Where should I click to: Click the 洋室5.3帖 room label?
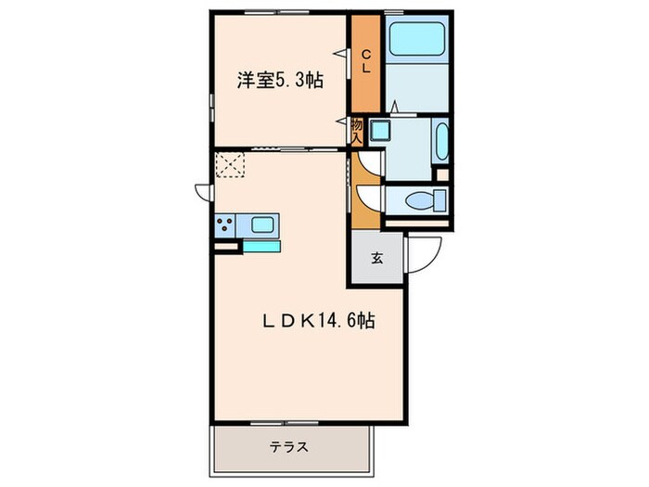click(278, 80)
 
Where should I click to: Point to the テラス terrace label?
click(289, 446)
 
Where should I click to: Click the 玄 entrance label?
click(377, 259)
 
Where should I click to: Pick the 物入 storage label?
click(356, 130)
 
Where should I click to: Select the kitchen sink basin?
click(262, 224)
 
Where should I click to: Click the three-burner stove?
click(224, 224)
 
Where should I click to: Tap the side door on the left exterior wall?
click(203, 191)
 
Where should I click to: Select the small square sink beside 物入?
click(379, 130)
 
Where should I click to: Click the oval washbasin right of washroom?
click(441, 141)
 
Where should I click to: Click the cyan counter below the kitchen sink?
click(261, 246)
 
